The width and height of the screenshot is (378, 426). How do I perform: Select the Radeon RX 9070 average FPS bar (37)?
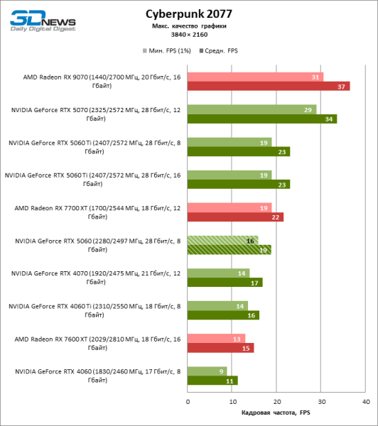[x=269, y=86]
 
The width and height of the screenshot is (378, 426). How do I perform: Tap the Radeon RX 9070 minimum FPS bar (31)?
[x=255, y=77]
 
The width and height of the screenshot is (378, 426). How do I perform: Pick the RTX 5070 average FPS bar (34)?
[x=262, y=119]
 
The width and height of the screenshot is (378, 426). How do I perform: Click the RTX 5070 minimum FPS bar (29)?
[x=252, y=109]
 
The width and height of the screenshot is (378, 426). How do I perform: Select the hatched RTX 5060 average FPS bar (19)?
[x=229, y=250]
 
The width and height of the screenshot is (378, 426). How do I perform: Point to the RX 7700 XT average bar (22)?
[x=235, y=217]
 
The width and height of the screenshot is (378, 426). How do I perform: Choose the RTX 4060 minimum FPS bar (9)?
[x=207, y=371]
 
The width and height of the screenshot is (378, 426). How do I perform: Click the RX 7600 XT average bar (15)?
[x=220, y=348]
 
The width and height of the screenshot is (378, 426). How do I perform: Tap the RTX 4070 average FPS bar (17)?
[x=225, y=282]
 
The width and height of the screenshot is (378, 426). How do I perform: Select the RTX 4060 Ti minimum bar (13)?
[x=217, y=305]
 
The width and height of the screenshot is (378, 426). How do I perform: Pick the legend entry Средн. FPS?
[x=221, y=51]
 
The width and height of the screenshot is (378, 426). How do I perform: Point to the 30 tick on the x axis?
[x=321, y=402]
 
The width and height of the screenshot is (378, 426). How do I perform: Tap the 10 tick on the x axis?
[x=232, y=402]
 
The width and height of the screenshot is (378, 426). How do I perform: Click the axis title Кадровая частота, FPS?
[x=276, y=413]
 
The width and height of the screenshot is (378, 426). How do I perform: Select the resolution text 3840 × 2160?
[x=188, y=35]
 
